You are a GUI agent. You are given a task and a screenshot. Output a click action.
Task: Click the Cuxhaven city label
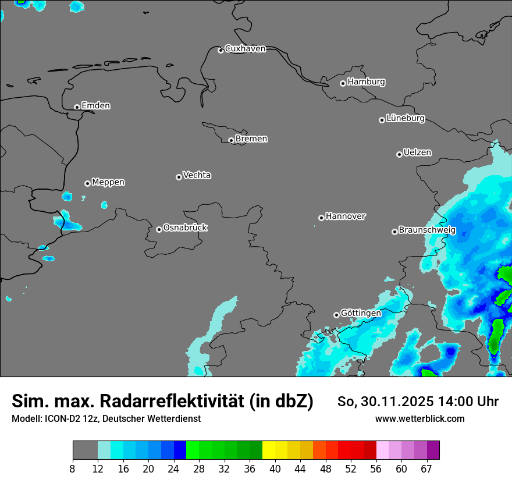[x=245, y=49]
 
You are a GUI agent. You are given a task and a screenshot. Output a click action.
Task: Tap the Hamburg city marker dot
[x=343, y=83]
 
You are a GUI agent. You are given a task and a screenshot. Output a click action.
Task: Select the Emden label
[x=95, y=106]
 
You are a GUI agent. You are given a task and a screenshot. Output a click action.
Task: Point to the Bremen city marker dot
[x=231, y=140]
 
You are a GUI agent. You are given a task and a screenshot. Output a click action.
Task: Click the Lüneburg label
[x=405, y=119]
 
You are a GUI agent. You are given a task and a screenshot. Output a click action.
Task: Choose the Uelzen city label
[x=417, y=153]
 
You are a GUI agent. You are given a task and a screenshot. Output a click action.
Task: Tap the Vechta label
[x=197, y=176]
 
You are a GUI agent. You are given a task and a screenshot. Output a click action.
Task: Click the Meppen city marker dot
[x=87, y=183]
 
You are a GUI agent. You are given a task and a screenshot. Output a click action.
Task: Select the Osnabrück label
[x=185, y=228]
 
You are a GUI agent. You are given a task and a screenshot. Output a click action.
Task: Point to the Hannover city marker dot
[x=321, y=218]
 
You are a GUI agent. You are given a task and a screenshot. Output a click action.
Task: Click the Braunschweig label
[x=427, y=230]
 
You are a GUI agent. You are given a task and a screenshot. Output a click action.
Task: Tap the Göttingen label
[x=361, y=314]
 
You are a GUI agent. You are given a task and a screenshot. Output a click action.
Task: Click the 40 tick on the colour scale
[x=275, y=469]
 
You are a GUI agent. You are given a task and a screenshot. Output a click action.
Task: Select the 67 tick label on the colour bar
[x=426, y=469]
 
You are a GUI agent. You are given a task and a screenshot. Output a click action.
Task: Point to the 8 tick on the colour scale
[x=73, y=469]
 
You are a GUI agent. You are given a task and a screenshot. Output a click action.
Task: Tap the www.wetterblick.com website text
[x=419, y=418]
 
